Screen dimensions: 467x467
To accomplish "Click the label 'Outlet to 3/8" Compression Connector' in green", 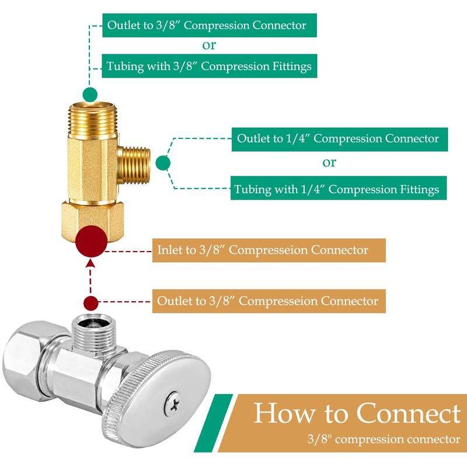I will point(209,26).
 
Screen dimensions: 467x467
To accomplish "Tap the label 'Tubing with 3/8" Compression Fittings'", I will point(209,66).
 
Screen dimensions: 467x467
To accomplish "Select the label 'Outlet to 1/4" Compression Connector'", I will point(340,139).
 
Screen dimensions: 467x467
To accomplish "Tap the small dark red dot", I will point(90,303).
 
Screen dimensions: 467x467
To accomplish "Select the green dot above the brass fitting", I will point(90,94).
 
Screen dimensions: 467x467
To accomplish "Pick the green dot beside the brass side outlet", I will point(163,163).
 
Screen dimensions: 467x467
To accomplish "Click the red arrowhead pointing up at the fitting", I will point(90,264).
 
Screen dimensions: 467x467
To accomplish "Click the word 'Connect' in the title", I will point(409,413).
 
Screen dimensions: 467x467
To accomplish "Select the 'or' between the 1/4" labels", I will point(329,163).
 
